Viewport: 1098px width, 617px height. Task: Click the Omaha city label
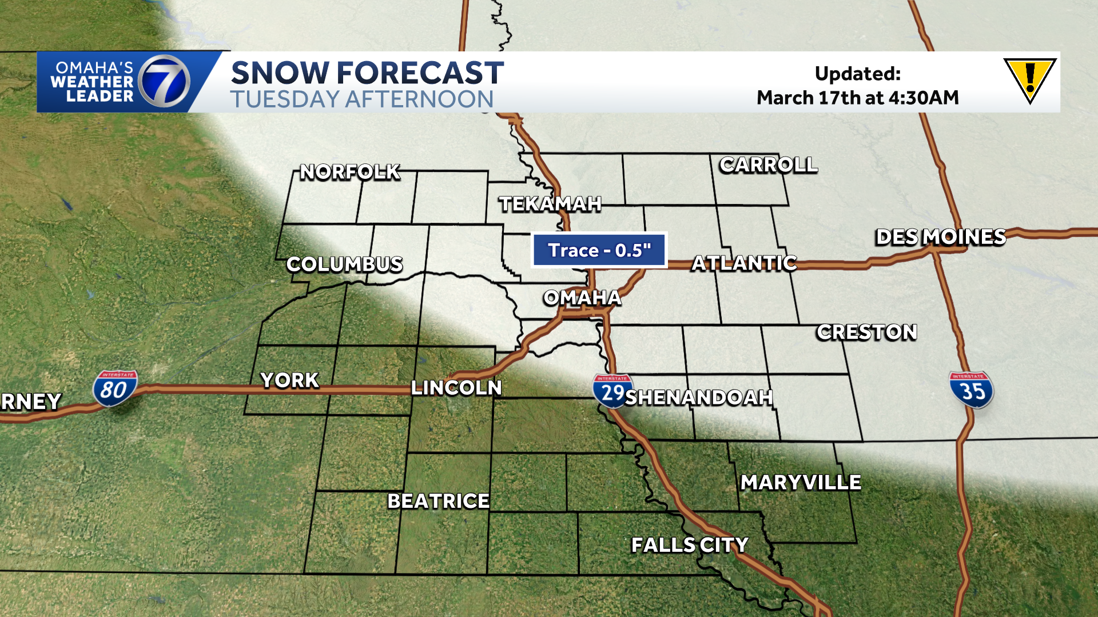(582, 298)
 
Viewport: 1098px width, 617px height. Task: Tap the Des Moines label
(940, 237)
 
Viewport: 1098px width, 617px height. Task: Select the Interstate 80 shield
(115, 388)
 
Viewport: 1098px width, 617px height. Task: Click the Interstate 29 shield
(612, 391)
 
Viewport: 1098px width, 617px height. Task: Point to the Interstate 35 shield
(971, 390)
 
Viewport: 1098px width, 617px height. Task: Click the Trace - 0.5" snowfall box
(599, 250)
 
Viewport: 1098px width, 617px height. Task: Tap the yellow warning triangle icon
(1029, 81)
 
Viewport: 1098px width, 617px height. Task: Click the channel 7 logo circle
(165, 82)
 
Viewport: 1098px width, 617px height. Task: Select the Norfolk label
(350, 172)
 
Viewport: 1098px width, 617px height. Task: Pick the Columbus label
(344, 265)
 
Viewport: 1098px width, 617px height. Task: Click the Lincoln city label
(456, 388)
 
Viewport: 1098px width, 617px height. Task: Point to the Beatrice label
(438, 501)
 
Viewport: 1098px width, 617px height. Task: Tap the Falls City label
(690, 545)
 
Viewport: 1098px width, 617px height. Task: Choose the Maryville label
(801, 483)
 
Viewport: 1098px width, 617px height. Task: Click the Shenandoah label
(699, 397)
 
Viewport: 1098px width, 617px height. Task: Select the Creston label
(866, 332)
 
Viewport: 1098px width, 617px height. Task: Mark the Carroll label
(768, 165)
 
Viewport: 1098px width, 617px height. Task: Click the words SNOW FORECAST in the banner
(367, 73)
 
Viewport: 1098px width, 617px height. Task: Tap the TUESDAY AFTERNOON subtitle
(361, 99)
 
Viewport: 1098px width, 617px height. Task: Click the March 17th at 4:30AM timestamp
(857, 98)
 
